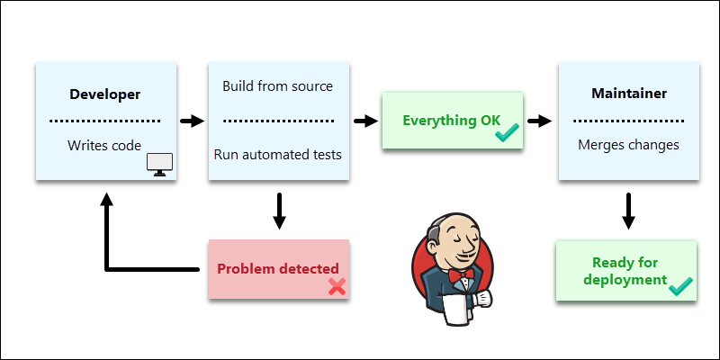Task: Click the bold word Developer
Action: point(105,94)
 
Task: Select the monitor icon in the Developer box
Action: point(160,164)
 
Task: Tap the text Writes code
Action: point(105,145)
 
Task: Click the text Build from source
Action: point(277,86)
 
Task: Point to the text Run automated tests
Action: point(277,154)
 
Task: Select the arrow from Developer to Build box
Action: point(192,120)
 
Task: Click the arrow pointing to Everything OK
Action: point(364,120)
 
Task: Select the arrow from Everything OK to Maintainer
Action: point(538,120)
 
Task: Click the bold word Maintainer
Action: point(627,94)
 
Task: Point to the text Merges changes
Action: point(627,145)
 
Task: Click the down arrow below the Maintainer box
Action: point(629,209)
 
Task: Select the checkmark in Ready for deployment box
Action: point(679,285)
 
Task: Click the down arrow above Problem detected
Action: point(278,209)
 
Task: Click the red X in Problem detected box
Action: point(337,286)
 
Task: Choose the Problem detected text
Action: point(278,268)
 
